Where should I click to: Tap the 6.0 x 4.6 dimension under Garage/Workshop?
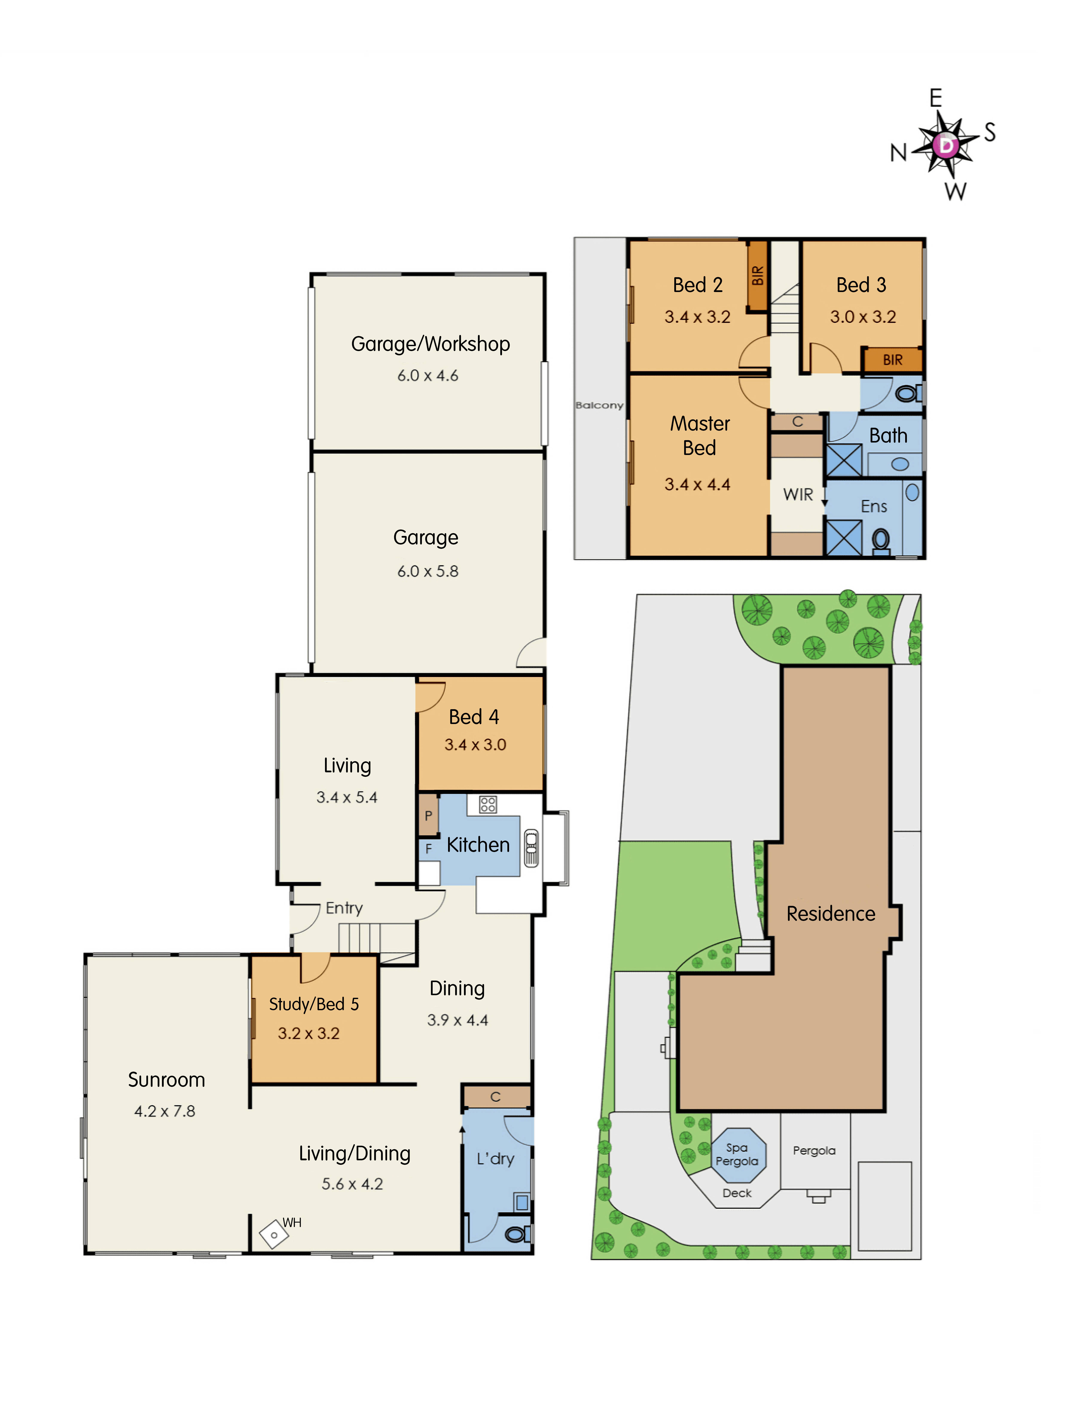click(x=428, y=376)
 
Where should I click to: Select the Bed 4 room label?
click(x=474, y=717)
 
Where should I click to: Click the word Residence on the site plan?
click(x=830, y=914)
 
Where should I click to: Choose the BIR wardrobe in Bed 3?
click(x=892, y=360)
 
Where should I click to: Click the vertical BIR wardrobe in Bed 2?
click(x=758, y=276)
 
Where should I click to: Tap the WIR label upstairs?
click(x=798, y=494)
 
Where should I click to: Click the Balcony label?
click(x=599, y=405)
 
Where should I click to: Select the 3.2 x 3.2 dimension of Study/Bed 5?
click(x=309, y=1033)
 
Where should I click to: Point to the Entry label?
click(x=344, y=908)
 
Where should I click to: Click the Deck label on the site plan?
click(x=737, y=1193)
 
